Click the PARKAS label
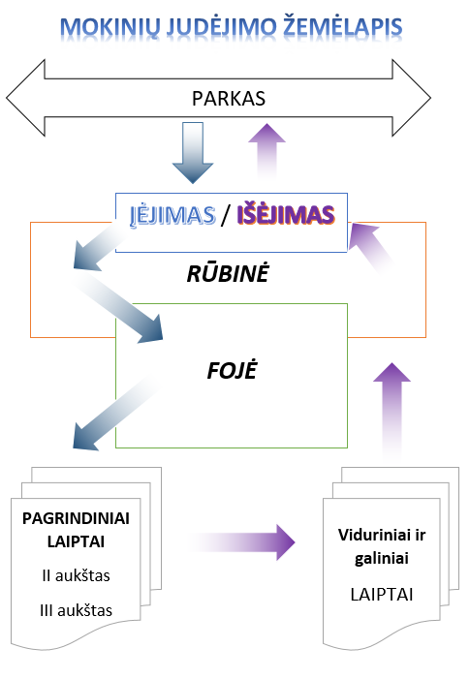(229, 99)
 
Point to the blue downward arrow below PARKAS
(193, 152)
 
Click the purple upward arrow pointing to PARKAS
(266, 151)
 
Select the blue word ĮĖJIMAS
(172, 215)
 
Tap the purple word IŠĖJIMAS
(286, 214)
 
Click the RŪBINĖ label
(228, 274)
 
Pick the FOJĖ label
(233, 371)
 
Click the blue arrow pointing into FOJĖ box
(118, 306)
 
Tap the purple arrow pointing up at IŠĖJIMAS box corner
(371, 248)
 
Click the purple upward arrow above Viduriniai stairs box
(392, 412)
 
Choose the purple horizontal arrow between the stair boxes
(242, 542)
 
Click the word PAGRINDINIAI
(76, 518)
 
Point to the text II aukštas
(76, 575)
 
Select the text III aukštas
(76, 610)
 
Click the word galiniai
(382, 559)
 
